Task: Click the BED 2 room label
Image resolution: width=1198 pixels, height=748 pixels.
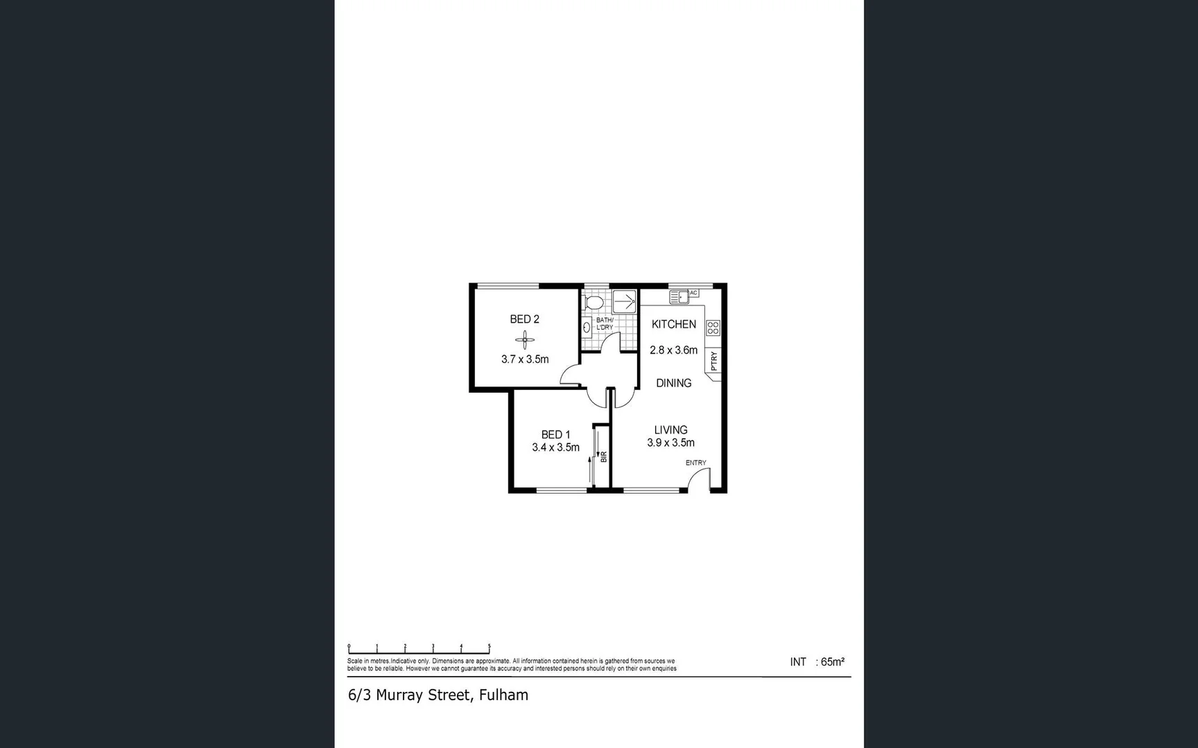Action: [524, 319]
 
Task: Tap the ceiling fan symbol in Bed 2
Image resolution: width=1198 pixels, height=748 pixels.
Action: [525, 339]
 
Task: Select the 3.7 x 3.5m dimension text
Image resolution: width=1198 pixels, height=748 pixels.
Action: [525, 359]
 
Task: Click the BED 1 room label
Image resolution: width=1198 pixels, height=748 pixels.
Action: [555, 435]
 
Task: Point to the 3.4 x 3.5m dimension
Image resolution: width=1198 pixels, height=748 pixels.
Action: [555, 447]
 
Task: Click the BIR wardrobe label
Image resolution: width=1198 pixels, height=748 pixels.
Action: [603, 457]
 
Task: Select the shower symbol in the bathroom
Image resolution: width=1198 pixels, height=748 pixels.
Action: [625, 302]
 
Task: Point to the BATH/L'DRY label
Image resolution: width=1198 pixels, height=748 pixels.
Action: [605, 323]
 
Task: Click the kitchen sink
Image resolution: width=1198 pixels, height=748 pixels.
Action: [678, 297]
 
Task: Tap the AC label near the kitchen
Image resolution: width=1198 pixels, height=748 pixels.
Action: [693, 293]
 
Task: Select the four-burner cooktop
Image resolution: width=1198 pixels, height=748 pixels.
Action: [713, 328]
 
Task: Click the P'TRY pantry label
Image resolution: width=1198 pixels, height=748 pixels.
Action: [714, 361]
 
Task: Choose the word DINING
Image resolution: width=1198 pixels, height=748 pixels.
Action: [673, 383]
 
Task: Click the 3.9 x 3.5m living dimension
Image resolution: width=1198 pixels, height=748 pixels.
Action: [670, 443]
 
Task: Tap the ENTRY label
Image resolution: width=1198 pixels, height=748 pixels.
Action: [695, 463]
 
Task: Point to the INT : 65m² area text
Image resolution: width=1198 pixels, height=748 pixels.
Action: [817, 662]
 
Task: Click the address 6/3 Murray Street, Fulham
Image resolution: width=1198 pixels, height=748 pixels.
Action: [437, 695]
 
